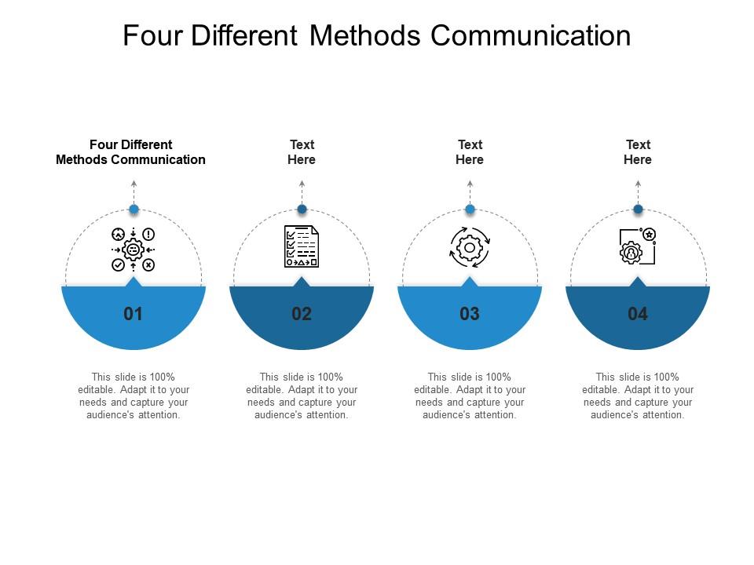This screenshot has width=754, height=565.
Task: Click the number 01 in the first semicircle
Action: tap(134, 314)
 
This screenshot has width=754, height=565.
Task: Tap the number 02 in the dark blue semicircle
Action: tap(302, 314)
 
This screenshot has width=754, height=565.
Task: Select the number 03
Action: tap(470, 314)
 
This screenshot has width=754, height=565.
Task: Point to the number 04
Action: tap(638, 314)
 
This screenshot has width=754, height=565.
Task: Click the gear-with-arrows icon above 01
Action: tap(134, 250)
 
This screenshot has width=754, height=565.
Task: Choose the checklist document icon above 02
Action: tap(302, 246)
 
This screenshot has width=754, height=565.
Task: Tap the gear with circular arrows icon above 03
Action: tap(470, 247)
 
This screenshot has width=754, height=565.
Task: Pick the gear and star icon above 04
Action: tap(638, 246)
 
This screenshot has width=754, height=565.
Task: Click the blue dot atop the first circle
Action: tap(134, 209)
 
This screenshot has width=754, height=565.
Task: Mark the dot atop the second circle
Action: tap(302, 209)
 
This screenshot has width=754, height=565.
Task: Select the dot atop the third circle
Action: tap(470, 209)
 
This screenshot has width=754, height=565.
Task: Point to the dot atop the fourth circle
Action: tap(638, 209)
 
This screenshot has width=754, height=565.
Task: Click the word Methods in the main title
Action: tap(365, 35)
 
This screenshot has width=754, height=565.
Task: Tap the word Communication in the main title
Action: tap(530, 35)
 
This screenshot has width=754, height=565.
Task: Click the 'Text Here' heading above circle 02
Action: tap(302, 151)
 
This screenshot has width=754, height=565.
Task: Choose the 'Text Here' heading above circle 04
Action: tap(638, 151)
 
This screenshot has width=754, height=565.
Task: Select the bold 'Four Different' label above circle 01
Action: tap(131, 144)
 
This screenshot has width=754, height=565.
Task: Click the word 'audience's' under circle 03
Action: tap(445, 414)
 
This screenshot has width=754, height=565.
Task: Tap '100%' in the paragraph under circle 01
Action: tap(162, 377)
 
